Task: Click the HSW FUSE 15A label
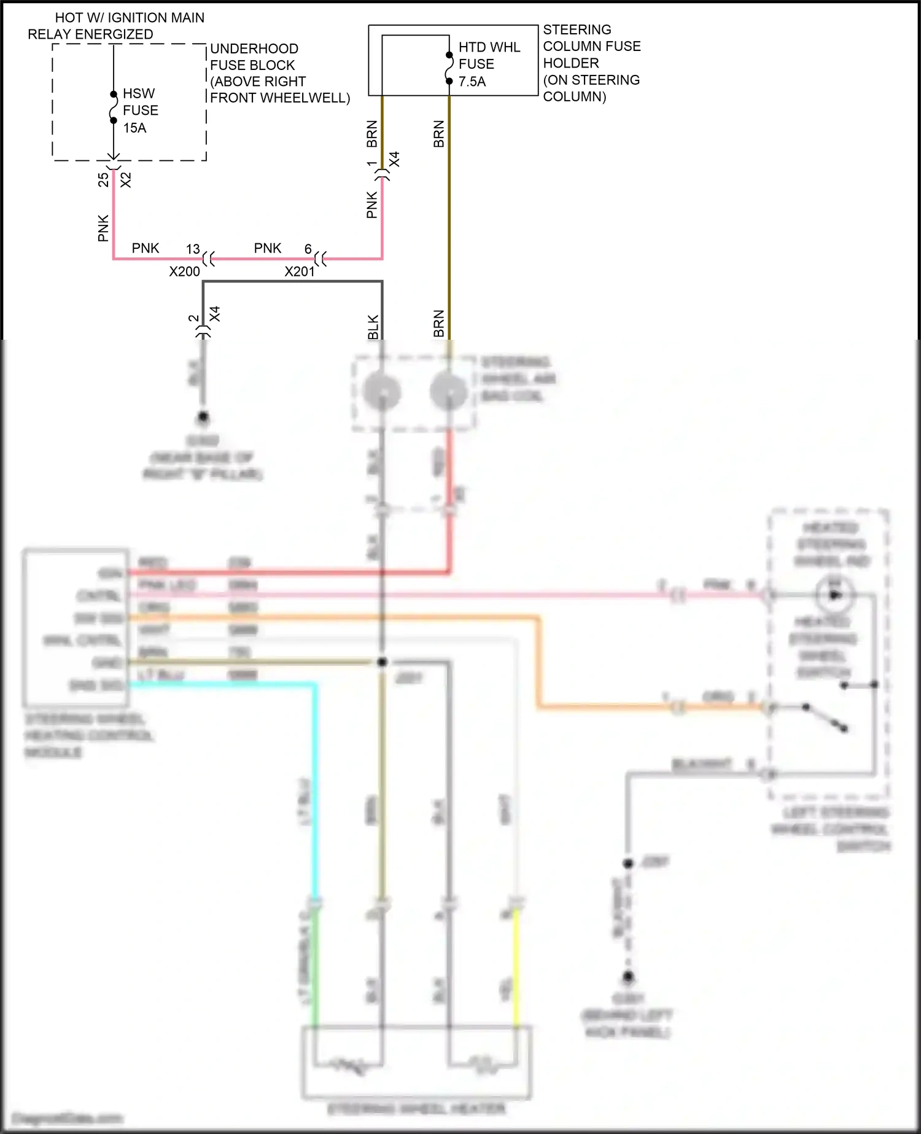tap(140, 111)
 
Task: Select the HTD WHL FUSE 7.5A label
tap(489, 64)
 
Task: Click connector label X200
tap(184, 272)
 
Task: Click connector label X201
tap(299, 272)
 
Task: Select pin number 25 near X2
tap(103, 179)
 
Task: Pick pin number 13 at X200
tap(193, 249)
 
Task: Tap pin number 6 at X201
tap(308, 249)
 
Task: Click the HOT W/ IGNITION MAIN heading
tap(130, 18)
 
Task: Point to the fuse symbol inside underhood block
tap(114, 108)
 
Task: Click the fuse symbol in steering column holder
tap(449, 68)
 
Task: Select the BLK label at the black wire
tap(373, 327)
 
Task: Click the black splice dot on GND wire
tap(382, 662)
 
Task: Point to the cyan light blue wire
tap(316, 786)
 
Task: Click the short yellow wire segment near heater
tap(516, 964)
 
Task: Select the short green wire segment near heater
tap(315, 964)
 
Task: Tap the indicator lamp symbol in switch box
tap(834, 595)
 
